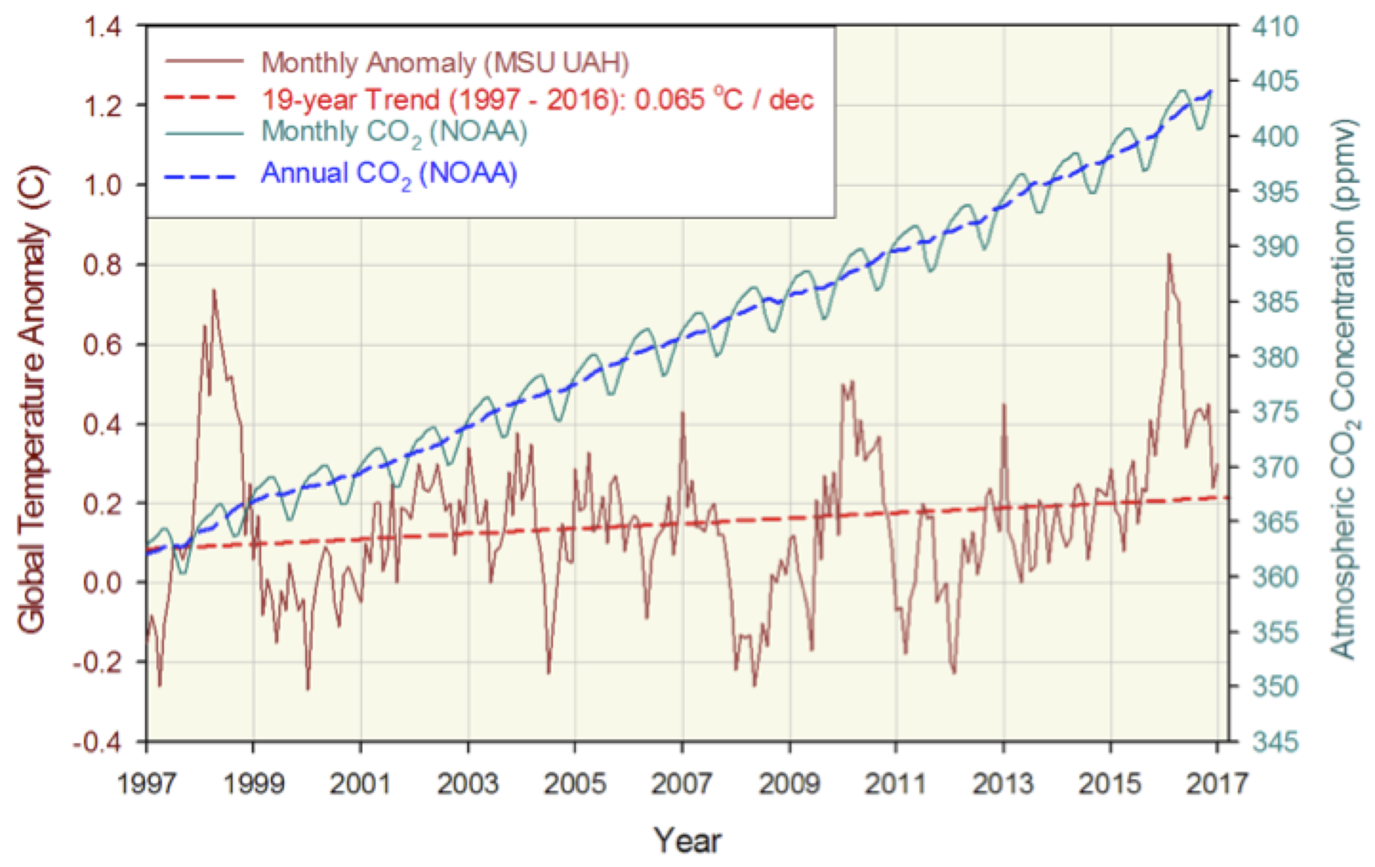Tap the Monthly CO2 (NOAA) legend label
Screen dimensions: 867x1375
point(394,132)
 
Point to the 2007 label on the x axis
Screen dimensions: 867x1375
point(682,783)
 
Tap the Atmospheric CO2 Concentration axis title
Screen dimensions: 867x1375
point(1343,388)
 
